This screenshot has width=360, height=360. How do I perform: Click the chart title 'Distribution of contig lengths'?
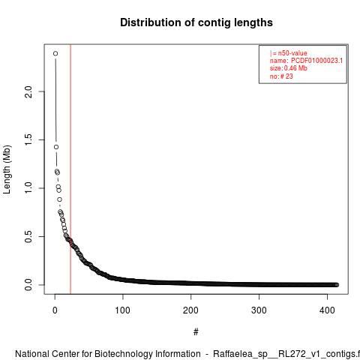[x=196, y=22]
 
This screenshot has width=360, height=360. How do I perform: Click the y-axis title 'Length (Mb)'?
[x=7, y=169]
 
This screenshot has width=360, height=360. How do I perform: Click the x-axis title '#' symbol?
[x=196, y=332]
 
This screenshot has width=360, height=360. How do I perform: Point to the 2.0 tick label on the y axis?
[x=28, y=91]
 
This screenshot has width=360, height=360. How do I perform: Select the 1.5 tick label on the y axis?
[x=28, y=139]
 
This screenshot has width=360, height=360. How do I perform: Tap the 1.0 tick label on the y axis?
[x=28, y=188]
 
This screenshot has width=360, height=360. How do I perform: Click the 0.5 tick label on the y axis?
[x=28, y=236]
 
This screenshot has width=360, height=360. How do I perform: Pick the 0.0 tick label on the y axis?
[x=28, y=285]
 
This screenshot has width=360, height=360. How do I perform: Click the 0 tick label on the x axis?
[x=55, y=310]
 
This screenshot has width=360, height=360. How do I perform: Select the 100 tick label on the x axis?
[x=123, y=310]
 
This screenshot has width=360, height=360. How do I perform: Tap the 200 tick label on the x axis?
[x=190, y=310]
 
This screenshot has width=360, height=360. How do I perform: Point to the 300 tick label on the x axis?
[x=259, y=310]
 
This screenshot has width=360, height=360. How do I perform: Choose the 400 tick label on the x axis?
[x=327, y=310]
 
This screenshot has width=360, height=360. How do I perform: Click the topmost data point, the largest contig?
[x=55, y=53]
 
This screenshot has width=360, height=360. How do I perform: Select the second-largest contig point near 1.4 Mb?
[x=56, y=147]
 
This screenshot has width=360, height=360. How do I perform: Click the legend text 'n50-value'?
[x=292, y=53]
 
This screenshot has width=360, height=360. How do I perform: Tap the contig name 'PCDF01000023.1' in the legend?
[x=316, y=61]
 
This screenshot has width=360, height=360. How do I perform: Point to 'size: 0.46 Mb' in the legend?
[x=289, y=68]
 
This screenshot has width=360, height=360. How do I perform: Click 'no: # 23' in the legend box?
[x=281, y=76]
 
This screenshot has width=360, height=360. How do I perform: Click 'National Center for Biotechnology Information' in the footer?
[x=108, y=354]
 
